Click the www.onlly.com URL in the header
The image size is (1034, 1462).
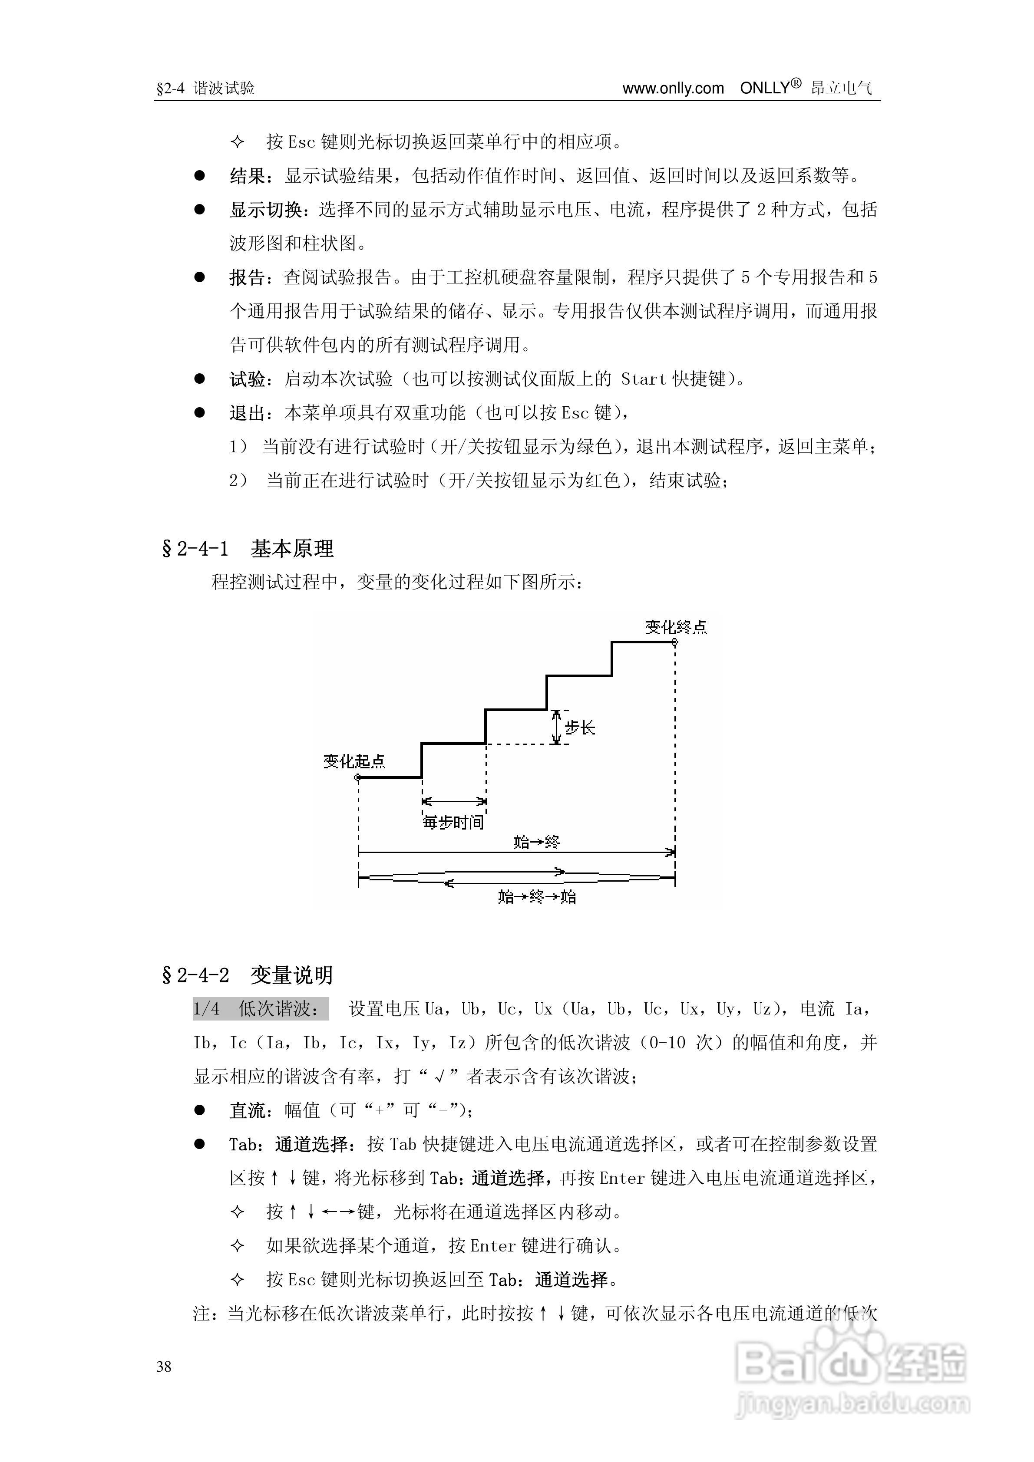point(673,89)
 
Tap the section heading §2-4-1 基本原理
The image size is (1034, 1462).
point(248,548)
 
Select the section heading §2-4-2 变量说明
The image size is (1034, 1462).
point(248,975)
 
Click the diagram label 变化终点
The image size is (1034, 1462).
point(675,628)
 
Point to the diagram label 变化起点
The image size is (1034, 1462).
point(354,761)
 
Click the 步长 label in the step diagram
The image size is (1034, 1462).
point(580,728)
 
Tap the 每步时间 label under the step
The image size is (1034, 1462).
point(454,823)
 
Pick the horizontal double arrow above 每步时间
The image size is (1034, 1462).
point(454,801)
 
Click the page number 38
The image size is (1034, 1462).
point(164,1367)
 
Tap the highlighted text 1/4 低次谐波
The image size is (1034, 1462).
point(261,1009)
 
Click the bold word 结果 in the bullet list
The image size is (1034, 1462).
point(248,176)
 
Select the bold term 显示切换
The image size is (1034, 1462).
point(266,210)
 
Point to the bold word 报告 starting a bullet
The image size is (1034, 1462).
point(247,278)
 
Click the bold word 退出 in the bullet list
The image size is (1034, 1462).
point(247,413)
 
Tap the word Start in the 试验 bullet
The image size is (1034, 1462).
point(644,379)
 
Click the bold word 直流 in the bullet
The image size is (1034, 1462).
point(247,1110)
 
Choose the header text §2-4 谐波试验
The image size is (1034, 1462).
point(205,89)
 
